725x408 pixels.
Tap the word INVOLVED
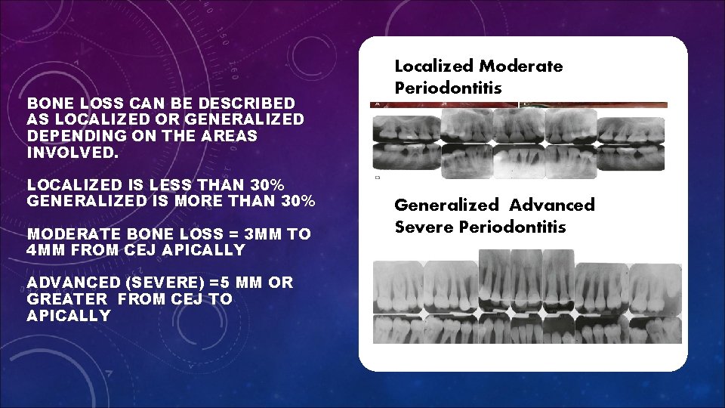pyautogui.click(x=73, y=152)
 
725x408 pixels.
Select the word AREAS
pyautogui.click(x=229, y=135)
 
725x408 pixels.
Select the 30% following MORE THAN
pyautogui.click(x=296, y=201)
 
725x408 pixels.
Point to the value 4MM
pyautogui.click(x=48, y=250)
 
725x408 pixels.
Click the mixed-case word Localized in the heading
pyautogui.click(x=433, y=66)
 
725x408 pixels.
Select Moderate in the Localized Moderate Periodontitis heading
pyautogui.click(x=521, y=66)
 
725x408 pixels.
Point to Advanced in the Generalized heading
pyautogui.click(x=552, y=205)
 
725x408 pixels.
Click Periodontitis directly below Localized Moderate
pyautogui.click(x=448, y=88)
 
